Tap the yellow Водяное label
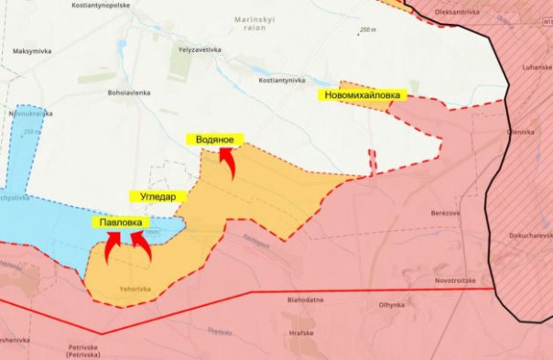[215, 140]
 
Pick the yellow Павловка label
[120, 222]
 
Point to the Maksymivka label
[33, 51]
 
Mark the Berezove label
[447, 213]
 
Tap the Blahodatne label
[304, 299]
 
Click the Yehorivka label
[135, 289]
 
